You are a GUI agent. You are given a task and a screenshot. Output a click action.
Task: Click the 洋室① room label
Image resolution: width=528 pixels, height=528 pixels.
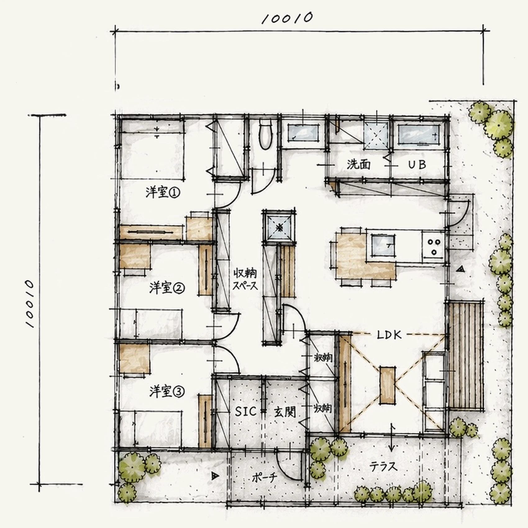(163, 193)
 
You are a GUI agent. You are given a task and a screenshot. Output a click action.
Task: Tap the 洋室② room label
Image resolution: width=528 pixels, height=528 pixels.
(167, 288)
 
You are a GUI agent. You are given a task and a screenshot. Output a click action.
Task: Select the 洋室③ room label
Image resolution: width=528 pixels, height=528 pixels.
(167, 392)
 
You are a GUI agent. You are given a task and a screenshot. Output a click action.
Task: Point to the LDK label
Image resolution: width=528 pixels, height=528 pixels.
(389, 335)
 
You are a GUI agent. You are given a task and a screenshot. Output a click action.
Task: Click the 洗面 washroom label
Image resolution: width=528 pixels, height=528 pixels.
(358, 164)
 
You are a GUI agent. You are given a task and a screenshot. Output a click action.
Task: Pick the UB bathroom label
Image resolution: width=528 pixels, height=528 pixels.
(417, 164)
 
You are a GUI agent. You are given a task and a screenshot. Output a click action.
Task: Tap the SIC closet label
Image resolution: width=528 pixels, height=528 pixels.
(246, 412)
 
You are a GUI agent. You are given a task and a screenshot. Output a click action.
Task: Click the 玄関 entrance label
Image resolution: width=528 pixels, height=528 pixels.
(285, 412)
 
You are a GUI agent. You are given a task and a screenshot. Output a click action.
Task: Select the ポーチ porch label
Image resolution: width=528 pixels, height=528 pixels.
(264, 478)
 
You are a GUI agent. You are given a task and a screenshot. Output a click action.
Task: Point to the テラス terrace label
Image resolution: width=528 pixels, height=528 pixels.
(383, 467)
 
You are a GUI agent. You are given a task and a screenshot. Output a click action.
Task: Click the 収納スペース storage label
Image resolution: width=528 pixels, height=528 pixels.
(245, 279)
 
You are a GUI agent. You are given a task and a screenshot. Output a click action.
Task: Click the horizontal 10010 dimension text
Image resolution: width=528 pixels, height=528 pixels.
(287, 18)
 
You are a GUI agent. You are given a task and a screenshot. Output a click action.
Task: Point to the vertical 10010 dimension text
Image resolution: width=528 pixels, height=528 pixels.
(30, 303)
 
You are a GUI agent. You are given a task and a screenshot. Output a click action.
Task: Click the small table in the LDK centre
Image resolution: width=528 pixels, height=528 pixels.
(388, 385)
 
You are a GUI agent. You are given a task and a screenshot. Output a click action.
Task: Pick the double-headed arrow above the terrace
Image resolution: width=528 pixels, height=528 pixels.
(392, 437)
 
